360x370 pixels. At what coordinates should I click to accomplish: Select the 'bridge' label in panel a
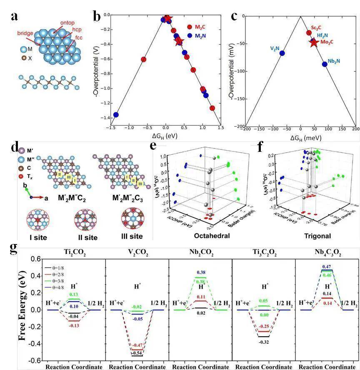tap(25, 33)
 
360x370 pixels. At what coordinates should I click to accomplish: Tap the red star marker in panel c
tap(313, 42)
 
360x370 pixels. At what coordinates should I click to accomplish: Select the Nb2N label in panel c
tap(333, 61)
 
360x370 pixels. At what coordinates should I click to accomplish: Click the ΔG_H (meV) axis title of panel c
tap(301, 137)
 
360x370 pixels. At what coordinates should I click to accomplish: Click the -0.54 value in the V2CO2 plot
tap(136, 353)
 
